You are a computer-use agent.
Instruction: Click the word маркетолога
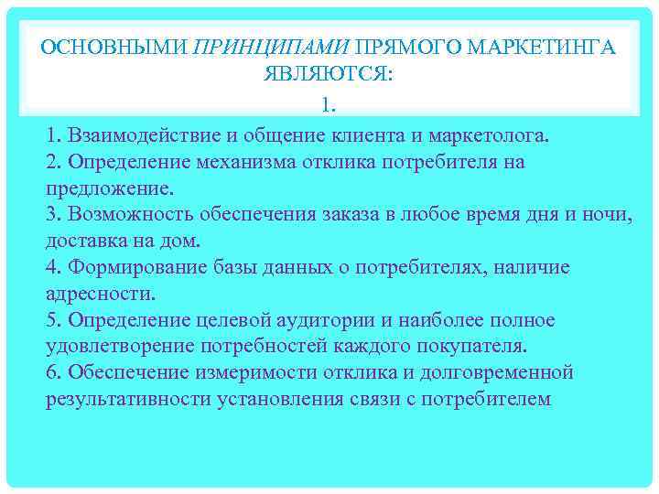click(488, 136)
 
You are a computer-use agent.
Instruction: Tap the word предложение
click(108, 189)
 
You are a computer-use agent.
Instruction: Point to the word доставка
click(86, 242)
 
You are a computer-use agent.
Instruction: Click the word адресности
click(101, 295)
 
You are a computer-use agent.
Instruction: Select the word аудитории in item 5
click(340, 320)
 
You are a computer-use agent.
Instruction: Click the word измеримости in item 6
click(250, 373)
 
